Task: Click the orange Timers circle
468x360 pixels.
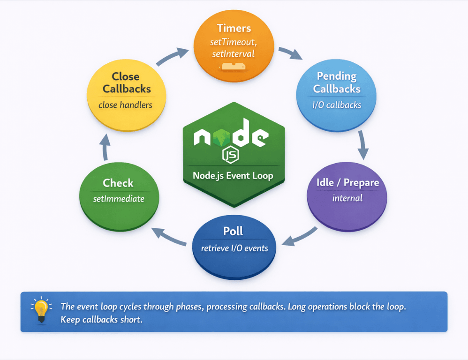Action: tap(234, 45)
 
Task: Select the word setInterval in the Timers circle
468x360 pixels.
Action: tap(233, 54)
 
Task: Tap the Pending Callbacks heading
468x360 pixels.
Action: tap(337, 82)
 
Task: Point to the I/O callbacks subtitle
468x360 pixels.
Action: tap(337, 105)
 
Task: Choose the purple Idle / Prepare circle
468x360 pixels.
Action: tap(347, 197)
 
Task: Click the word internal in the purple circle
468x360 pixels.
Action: tap(347, 198)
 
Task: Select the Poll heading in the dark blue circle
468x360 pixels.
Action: tap(233, 231)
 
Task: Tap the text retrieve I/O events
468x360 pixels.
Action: tap(234, 248)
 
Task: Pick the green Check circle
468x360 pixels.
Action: tap(119, 197)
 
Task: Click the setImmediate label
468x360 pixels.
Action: tap(119, 199)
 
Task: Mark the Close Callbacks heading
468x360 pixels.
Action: tap(127, 82)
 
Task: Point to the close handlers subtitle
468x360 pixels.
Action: tap(125, 105)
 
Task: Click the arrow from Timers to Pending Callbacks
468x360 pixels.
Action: tap(290, 52)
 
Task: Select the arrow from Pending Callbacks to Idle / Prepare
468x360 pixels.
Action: tap(362, 145)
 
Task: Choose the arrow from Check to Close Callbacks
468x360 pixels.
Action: tap(105, 147)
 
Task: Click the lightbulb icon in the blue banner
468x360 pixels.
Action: tap(41, 310)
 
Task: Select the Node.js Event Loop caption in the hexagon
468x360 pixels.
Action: tap(233, 176)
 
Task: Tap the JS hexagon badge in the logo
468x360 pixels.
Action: tap(231, 155)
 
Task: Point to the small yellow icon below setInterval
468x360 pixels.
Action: tap(233, 66)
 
